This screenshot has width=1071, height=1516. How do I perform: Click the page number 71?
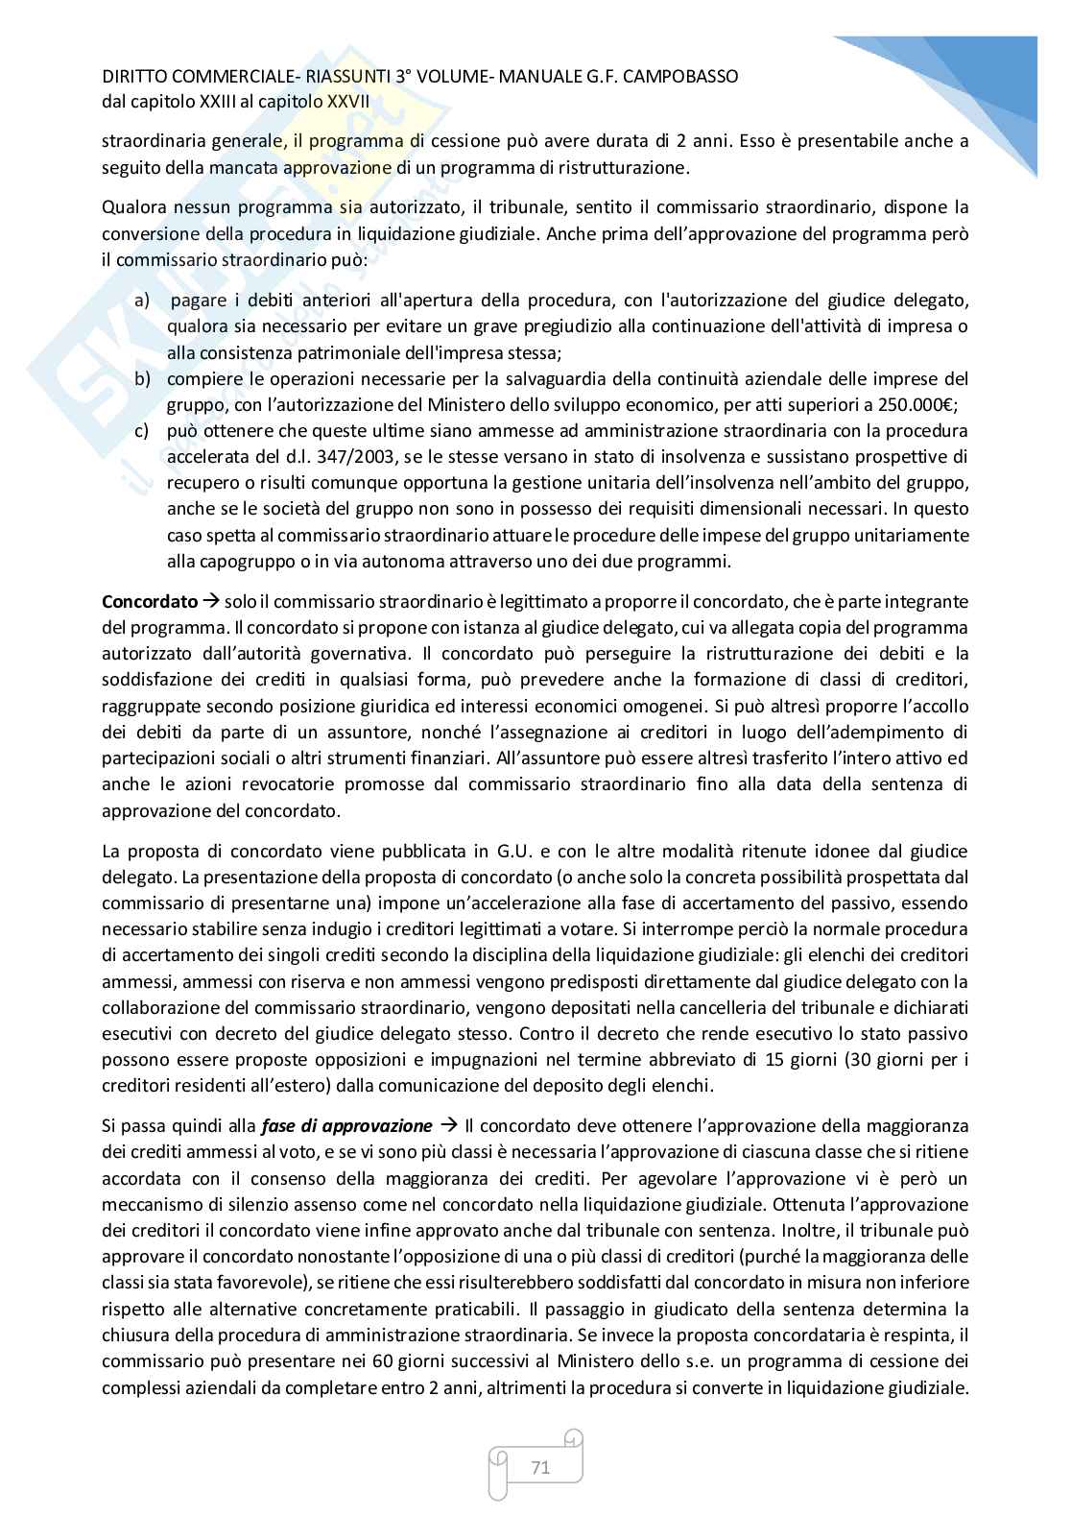pyautogui.click(x=539, y=1467)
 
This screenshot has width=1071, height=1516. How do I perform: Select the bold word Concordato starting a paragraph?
pyautogui.click(x=149, y=602)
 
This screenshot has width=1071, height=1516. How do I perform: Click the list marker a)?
pyautogui.click(x=143, y=301)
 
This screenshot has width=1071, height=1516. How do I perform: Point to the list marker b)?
pyautogui.click(x=143, y=378)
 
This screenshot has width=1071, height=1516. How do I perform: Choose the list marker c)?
pyautogui.click(x=142, y=430)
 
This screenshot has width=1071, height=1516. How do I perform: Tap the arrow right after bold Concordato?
pyautogui.click(x=212, y=602)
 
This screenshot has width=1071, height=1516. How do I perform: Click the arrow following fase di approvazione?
pyautogui.click(x=448, y=1125)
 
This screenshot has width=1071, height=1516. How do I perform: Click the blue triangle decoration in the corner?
pyautogui.click(x=969, y=86)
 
